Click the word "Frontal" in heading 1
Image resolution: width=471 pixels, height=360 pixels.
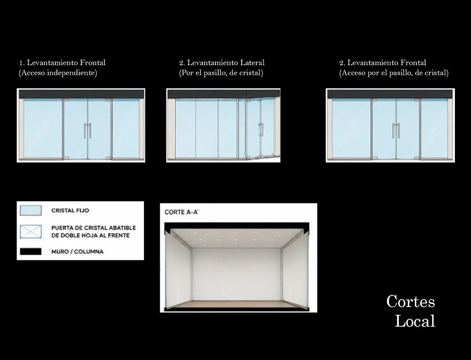point(93,63)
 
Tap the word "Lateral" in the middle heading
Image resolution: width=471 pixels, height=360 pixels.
point(252,63)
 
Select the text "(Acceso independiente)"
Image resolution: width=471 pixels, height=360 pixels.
point(58,73)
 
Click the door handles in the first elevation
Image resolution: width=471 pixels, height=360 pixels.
point(88,130)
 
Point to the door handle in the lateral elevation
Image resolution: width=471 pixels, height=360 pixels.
point(261,130)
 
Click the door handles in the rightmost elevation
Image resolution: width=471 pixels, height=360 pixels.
point(396,130)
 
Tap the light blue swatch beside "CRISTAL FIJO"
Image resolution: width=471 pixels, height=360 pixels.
point(31,210)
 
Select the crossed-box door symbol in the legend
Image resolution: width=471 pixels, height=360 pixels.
point(31,232)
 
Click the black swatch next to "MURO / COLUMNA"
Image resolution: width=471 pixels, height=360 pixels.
point(31,251)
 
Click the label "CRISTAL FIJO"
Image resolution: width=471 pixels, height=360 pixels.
point(70,210)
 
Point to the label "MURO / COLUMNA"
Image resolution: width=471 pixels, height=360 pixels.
point(77,251)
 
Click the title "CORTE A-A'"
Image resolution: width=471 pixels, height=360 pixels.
point(181,212)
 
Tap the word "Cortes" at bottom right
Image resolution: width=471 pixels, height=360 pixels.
point(411,301)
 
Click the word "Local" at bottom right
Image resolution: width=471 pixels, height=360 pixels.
point(415,321)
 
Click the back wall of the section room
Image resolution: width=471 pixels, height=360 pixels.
point(236,274)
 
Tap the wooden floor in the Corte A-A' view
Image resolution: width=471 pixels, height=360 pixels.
point(236,304)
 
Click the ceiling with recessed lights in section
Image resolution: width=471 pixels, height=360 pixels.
point(237,238)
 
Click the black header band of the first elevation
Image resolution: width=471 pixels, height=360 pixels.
point(81,94)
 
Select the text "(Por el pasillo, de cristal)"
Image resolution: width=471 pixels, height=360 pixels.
point(221,73)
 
